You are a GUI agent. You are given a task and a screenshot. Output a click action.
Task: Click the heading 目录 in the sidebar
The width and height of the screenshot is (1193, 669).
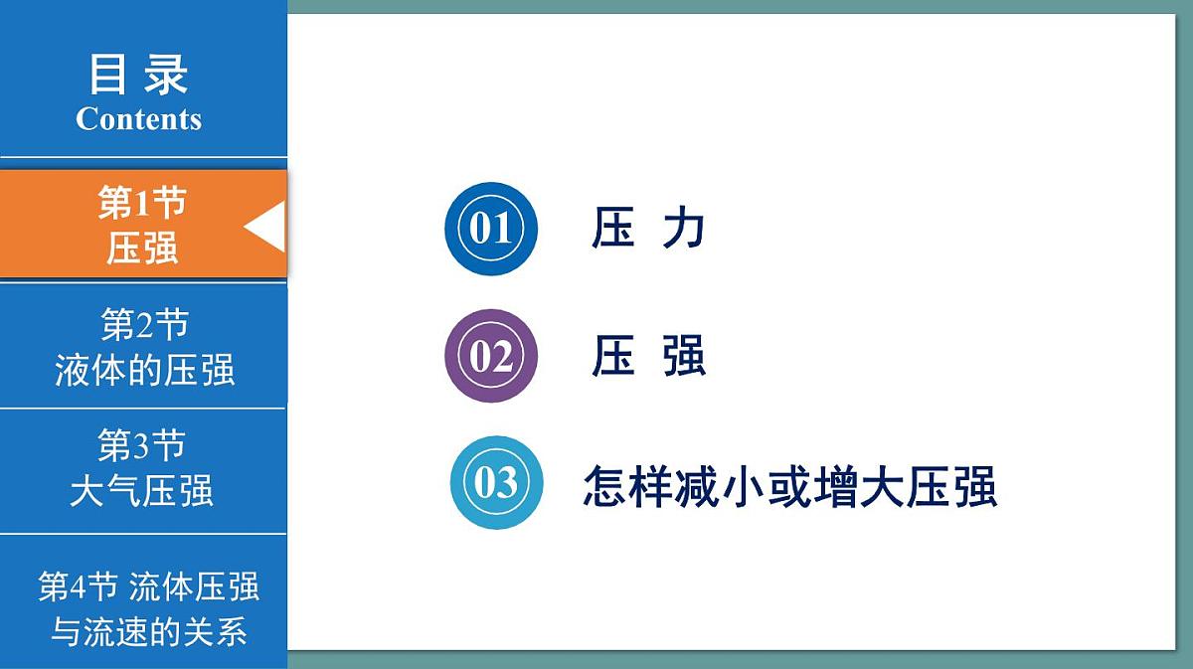click(x=138, y=75)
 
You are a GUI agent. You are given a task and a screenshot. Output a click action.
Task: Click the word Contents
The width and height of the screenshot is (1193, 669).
click(x=138, y=119)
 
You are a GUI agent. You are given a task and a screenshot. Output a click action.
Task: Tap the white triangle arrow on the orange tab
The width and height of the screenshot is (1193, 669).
click(x=265, y=226)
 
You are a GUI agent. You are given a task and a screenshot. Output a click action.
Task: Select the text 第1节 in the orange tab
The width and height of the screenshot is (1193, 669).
click(x=141, y=203)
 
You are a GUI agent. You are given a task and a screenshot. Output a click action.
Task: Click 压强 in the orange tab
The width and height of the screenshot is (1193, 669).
click(x=142, y=248)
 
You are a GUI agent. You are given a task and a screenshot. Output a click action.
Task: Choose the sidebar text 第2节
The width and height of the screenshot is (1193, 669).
click(x=144, y=324)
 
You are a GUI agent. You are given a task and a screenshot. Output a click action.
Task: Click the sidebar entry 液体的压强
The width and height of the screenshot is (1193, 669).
click(x=144, y=370)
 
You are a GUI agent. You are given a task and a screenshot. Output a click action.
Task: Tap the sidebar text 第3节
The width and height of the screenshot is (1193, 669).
click(x=141, y=445)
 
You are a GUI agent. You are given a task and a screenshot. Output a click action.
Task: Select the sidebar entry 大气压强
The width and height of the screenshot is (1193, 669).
click(x=141, y=491)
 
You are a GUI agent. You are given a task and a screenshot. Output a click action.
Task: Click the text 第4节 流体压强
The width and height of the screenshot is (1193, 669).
click(x=148, y=586)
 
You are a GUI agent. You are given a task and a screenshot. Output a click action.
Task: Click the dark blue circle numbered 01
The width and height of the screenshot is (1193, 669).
click(x=490, y=229)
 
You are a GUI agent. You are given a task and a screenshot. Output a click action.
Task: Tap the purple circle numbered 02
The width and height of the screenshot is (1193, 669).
click(x=490, y=356)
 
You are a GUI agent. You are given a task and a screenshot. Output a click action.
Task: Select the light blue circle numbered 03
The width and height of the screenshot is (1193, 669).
click(x=496, y=483)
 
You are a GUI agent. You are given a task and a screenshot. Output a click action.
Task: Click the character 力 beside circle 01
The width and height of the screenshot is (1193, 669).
click(x=684, y=228)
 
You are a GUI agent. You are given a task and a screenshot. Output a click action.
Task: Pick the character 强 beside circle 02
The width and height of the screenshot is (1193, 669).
click(x=684, y=356)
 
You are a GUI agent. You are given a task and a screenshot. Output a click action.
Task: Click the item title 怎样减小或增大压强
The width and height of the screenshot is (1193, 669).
click(x=789, y=487)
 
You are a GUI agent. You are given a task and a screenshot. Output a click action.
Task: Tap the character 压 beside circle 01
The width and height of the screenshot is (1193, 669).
click(x=613, y=228)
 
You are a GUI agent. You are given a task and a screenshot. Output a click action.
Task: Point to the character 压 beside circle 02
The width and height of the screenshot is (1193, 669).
click(x=613, y=356)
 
